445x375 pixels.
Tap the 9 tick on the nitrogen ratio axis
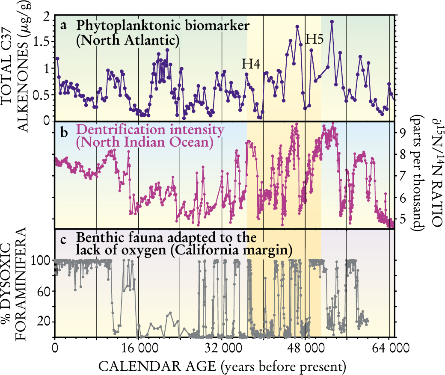pyautogui.click(x=403, y=133)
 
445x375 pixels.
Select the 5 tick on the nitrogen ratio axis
pyautogui.click(x=403, y=220)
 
